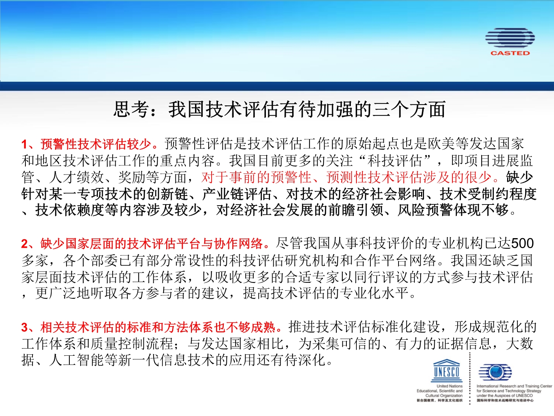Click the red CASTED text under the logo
click(510, 53)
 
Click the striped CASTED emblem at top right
click(510, 38)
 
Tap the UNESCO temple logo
click(447, 370)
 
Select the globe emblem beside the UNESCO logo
click(495, 372)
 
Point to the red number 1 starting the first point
click(24, 144)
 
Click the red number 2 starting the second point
click(24, 244)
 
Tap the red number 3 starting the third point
click(24, 327)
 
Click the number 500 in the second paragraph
click(522, 243)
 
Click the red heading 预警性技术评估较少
click(95, 144)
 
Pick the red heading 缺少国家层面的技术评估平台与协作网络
click(152, 244)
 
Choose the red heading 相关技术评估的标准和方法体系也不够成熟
click(158, 327)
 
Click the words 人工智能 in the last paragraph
click(76, 360)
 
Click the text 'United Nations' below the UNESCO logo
click(449, 386)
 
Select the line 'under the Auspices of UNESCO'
click(505, 396)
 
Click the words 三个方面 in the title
click(408, 109)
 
